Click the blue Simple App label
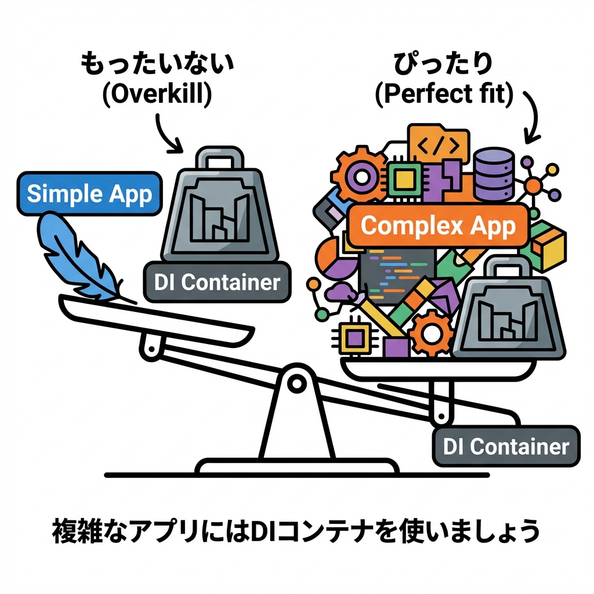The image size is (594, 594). pyautogui.click(x=89, y=193)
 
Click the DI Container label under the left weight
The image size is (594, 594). pyautogui.click(x=217, y=282)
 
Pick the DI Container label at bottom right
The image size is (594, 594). pyautogui.click(x=505, y=447)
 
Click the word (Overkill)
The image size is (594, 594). pyautogui.click(x=156, y=96)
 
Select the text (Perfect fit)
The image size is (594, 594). pyautogui.click(x=444, y=96)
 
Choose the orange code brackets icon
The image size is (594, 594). pyautogui.click(x=438, y=144)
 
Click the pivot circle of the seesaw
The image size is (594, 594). pyautogui.click(x=296, y=382)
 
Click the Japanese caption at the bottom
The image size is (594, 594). pyautogui.click(x=296, y=530)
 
